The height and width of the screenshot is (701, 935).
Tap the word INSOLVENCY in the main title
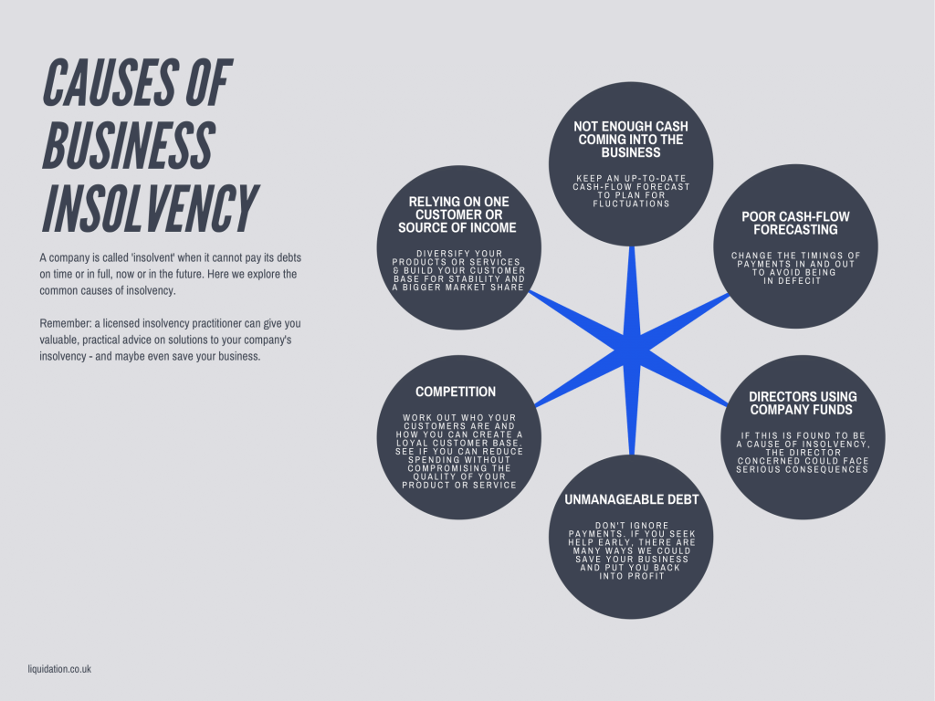[149, 208]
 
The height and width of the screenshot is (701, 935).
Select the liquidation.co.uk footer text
[59, 669]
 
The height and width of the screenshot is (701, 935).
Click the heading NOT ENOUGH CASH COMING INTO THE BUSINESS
[631, 140]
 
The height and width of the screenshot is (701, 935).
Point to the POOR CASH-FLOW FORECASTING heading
[795, 223]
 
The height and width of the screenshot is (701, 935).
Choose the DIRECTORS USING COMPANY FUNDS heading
[803, 403]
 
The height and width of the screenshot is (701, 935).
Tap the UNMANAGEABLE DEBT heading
[631, 499]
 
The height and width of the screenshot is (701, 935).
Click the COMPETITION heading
[456, 392]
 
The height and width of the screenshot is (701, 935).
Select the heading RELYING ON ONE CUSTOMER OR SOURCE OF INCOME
[457, 214]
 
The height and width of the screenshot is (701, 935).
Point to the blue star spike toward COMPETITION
[548, 398]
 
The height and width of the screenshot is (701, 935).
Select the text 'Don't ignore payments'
[631, 528]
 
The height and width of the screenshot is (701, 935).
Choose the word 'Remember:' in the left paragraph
[63, 323]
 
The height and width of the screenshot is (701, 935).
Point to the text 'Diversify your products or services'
[457, 257]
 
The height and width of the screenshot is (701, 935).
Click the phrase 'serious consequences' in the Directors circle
[803, 469]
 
